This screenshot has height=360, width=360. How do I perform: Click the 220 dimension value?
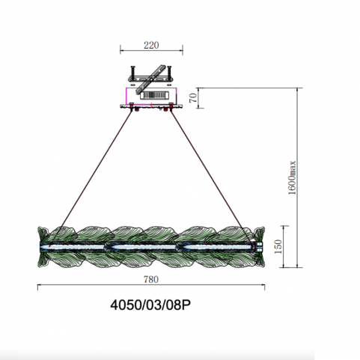tap(151, 46)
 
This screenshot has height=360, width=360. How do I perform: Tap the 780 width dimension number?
tap(151, 279)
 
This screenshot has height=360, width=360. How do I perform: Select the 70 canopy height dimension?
tap(193, 97)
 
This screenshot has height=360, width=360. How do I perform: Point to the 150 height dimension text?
tap(278, 246)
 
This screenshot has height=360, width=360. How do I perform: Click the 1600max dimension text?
tap(292, 177)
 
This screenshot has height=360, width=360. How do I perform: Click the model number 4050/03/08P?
tap(150, 305)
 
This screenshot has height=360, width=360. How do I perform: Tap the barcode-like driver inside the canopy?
tap(153, 95)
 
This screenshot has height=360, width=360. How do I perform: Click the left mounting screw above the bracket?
tap(132, 72)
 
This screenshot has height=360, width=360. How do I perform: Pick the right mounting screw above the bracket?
tap(169, 72)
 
